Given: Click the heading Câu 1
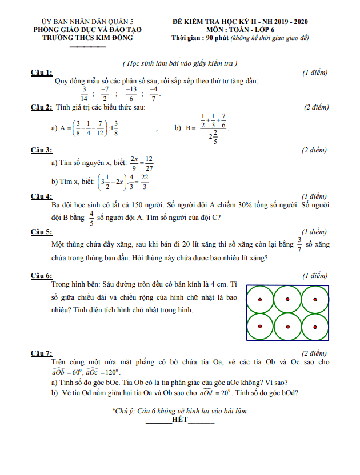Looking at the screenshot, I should [41, 72].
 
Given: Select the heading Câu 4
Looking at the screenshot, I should [41, 196].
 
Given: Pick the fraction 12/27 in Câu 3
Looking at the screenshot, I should [149, 163].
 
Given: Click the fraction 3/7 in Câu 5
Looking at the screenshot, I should [299, 244].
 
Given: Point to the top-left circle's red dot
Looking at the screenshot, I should [259, 300].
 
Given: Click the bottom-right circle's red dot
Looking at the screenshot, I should [315, 327].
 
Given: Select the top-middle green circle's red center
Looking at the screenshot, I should [287, 300].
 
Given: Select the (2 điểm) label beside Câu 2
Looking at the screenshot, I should [316, 107].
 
